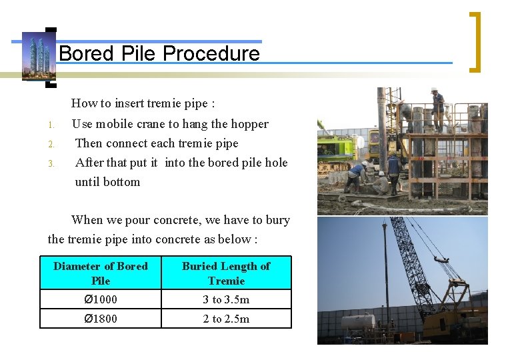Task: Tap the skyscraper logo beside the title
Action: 39,57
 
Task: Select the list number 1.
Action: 50,125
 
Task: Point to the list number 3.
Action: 50,163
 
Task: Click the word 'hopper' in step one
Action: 249,124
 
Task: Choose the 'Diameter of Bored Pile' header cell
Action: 101,273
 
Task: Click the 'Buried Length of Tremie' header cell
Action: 226,273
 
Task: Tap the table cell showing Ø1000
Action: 101,299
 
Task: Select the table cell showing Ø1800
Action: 101,319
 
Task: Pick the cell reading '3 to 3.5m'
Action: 226,299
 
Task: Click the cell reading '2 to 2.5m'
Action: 226,319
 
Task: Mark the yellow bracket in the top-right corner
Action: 475,41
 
